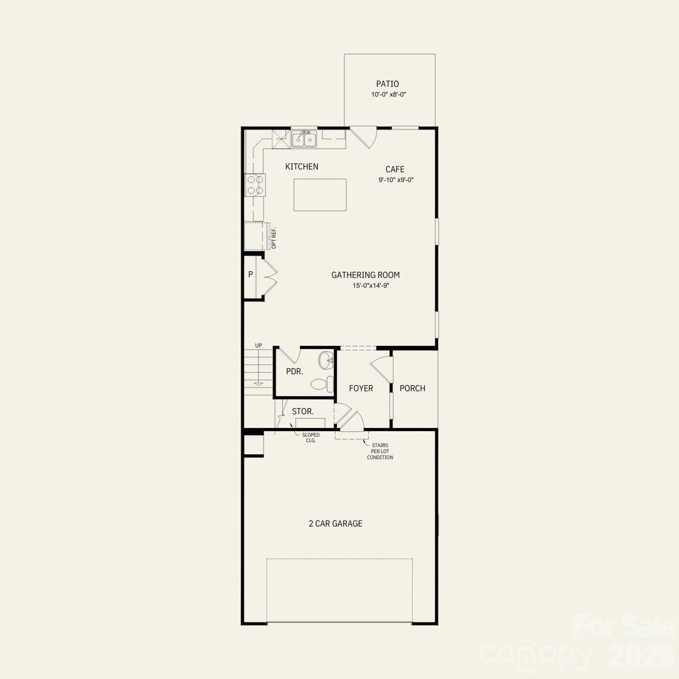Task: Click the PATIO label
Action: coord(387,84)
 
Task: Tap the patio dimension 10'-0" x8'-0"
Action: coord(388,94)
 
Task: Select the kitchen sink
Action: coord(304,139)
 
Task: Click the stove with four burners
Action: coord(255,185)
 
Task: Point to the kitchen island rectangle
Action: coord(320,195)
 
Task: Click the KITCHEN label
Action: coord(302,167)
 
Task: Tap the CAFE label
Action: coord(395,169)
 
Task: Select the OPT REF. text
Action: coord(274,238)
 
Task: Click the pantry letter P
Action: coord(250,275)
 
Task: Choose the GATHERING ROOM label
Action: coord(365,275)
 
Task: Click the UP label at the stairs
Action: coord(258,346)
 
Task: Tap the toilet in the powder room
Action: coord(321,383)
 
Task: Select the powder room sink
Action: coord(326,361)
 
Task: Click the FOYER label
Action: coord(361,388)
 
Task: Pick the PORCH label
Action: coord(412,388)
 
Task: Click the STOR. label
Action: coord(303,411)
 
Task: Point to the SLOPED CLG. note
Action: coord(311,438)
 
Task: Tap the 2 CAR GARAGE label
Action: coord(335,524)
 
